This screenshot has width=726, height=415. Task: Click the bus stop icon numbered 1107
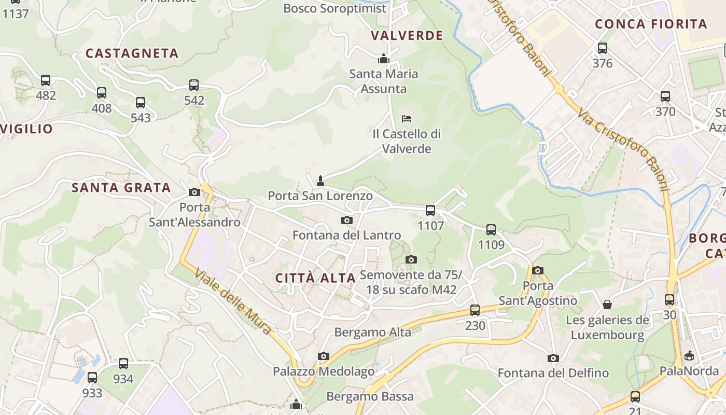point(430,210)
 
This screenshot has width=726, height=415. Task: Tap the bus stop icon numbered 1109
point(491,229)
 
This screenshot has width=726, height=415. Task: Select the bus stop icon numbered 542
point(194,85)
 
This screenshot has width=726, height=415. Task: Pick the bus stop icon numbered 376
point(602,48)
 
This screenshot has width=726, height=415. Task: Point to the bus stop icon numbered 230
point(475,310)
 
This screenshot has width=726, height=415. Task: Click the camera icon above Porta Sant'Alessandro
point(194,192)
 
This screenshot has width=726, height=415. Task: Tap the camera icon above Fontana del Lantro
point(347,220)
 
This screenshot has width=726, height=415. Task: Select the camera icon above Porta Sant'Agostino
point(538,270)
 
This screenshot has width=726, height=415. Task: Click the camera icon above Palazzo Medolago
point(324,356)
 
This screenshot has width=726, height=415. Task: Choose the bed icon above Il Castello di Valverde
point(407,119)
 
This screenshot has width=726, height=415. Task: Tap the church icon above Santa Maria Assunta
point(384,59)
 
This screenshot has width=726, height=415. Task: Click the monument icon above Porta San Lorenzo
point(320,181)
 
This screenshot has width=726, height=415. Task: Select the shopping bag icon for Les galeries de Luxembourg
point(607,305)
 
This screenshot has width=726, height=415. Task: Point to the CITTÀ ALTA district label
point(315,278)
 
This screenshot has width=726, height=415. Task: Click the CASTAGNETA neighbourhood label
point(132,53)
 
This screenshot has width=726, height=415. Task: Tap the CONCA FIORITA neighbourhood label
point(651,24)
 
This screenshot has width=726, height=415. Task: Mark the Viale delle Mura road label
point(233,301)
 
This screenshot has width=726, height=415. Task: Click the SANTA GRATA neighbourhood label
point(121,188)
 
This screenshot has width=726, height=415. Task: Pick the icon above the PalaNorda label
point(689,356)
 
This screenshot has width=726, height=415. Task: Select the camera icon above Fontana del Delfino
point(553,358)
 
